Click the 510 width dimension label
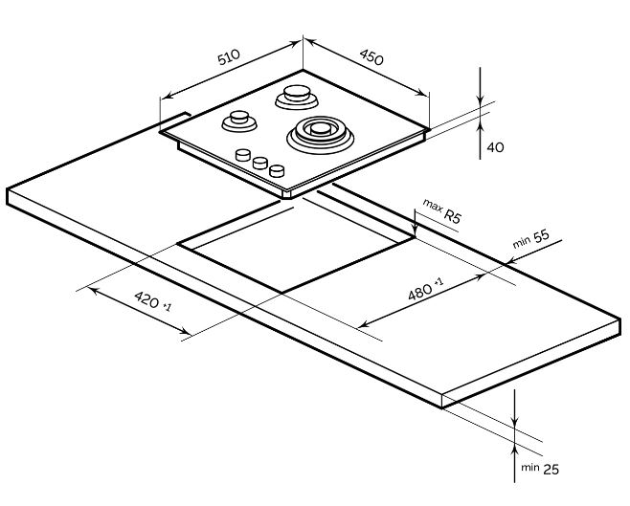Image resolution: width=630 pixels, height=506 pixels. [x=229, y=57]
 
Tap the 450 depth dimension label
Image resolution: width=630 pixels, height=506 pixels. [x=371, y=57]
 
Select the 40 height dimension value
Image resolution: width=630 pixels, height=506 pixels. [x=495, y=147]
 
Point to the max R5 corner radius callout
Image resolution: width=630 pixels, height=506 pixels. [x=441, y=211]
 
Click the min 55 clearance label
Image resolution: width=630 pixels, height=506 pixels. [x=531, y=239]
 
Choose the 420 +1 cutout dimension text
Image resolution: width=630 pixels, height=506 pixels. [x=152, y=301]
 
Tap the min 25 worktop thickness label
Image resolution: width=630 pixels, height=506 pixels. [x=540, y=469]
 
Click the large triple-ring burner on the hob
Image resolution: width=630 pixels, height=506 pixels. [x=320, y=135]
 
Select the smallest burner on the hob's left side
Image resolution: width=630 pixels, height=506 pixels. [x=239, y=121]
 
